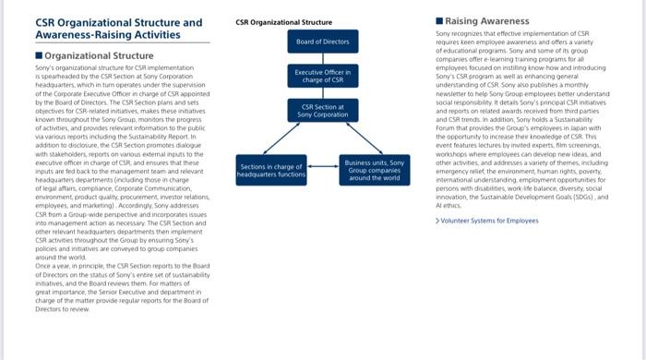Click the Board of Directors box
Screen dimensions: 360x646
323,42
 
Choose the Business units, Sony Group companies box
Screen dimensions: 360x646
376,169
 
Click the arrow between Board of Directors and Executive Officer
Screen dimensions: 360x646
323,58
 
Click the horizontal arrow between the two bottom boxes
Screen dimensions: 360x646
322,169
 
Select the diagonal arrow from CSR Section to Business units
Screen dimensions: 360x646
352,138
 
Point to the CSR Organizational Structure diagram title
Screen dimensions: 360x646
284,20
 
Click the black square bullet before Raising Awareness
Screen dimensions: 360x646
439,20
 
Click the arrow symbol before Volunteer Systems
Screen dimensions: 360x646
437,221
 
